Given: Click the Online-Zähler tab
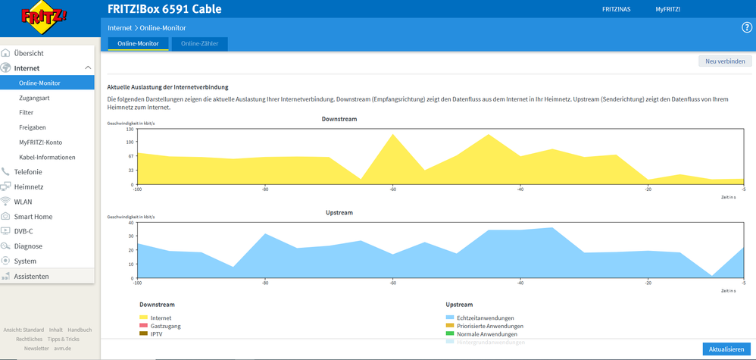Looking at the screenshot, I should pyautogui.click(x=199, y=44).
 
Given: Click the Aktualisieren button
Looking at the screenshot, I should pyautogui.click(x=726, y=349).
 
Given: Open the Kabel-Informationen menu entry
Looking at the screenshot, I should pyautogui.click(x=47, y=157).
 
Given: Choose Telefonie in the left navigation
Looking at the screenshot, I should pyautogui.click(x=28, y=172).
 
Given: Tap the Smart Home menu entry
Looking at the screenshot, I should pyautogui.click(x=33, y=217).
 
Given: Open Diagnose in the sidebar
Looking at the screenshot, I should pyautogui.click(x=28, y=246).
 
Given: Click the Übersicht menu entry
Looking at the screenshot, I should pyautogui.click(x=28, y=54).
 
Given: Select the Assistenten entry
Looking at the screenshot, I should pyautogui.click(x=31, y=277).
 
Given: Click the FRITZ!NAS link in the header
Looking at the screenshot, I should pyautogui.click(x=616, y=10).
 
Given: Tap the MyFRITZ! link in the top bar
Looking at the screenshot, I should pyautogui.click(x=667, y=10).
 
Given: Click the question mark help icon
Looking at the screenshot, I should pyautogui.click(x=746, y=28).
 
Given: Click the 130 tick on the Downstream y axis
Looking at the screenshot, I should pyautogui.click(x=130, y=130).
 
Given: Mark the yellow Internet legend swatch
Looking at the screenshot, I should pyautogui.click(x=144, y=318).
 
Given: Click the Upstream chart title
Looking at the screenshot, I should pyautogui.click(x=339, y=213).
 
